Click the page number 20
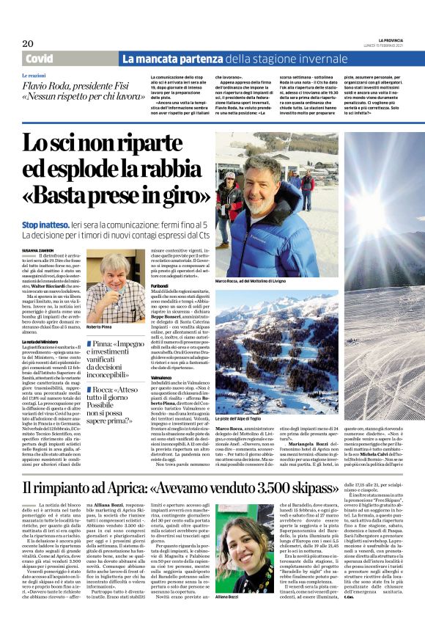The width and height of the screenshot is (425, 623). [28, 43]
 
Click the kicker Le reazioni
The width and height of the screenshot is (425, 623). [34, 76]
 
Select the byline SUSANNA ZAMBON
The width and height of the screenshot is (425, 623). [41, 250]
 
